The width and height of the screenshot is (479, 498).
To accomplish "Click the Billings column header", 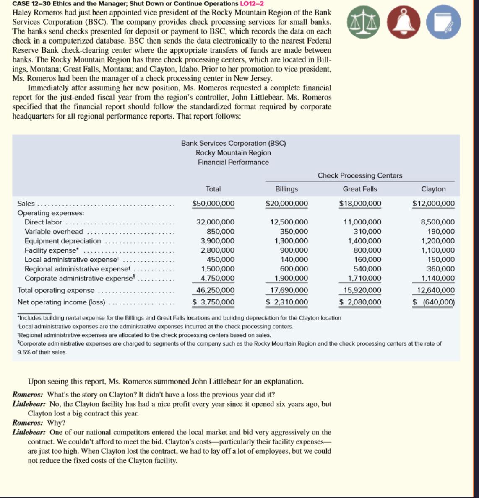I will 286,189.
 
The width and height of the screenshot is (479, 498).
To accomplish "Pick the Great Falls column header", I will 360,189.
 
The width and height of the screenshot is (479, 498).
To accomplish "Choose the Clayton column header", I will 433,189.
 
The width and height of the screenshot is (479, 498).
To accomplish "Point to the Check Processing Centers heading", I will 360,175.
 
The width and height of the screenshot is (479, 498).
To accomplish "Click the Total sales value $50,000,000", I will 213,204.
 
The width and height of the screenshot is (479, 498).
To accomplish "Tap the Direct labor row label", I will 43,222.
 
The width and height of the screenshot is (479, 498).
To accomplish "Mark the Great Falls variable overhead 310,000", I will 367,231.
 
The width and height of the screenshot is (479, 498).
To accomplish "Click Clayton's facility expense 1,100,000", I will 437,250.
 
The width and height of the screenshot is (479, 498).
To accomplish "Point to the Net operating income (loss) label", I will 61,302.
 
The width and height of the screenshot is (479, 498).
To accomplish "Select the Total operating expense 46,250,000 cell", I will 216,290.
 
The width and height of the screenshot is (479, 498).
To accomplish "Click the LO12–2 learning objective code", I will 251,3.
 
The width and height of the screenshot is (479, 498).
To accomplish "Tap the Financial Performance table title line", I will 233,162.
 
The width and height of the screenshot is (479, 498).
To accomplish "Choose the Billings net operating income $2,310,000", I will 287,302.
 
